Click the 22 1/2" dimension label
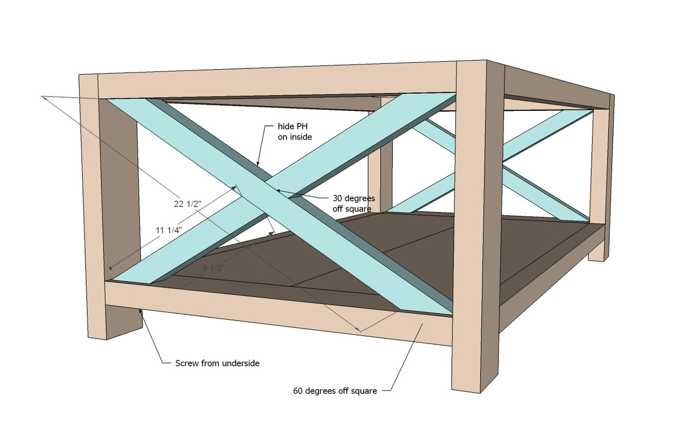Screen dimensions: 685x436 click(x=187, y=204)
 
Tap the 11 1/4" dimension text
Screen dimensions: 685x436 click(x=169, y=230)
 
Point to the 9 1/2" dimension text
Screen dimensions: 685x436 click(x=213, y=268)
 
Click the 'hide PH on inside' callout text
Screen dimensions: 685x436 click(x=295, y=131)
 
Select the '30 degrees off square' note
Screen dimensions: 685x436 click(x=354, y=203)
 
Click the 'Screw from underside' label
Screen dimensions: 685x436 click(x=217, y=363)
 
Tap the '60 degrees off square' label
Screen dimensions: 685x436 click(x=335, y=391)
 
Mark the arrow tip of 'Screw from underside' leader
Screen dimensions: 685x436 click(x=140, y=311)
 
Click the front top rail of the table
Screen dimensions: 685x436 click(x=277, y=82)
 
